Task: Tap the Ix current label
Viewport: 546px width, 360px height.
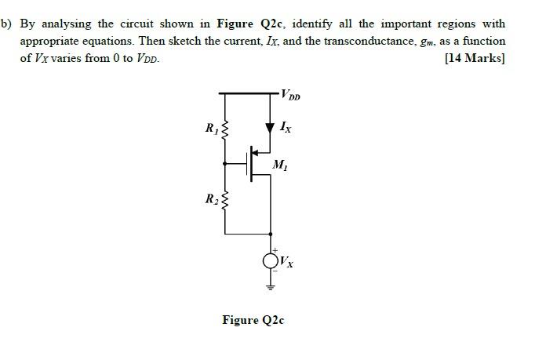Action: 287,126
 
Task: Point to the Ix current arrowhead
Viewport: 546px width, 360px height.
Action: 271,126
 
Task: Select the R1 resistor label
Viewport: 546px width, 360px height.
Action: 210,128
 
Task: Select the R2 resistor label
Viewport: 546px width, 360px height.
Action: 210,198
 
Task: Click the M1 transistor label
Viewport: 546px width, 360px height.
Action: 279,165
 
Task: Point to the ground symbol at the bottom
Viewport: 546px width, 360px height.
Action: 271,287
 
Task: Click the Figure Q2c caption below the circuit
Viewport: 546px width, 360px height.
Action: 253,320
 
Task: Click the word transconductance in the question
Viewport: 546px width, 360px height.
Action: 356,41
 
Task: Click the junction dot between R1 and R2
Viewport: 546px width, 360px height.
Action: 226,163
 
